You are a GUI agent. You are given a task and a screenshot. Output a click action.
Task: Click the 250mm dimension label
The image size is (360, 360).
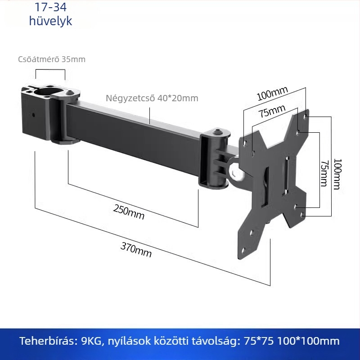(129, 212)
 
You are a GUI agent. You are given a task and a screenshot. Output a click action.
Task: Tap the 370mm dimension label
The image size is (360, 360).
(136, 250)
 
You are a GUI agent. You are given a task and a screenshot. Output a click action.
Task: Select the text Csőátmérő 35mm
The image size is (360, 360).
(52, 59)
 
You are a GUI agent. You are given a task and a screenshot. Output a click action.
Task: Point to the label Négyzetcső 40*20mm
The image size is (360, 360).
(152, 98)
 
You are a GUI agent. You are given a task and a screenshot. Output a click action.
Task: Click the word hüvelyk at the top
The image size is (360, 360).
(50, 21)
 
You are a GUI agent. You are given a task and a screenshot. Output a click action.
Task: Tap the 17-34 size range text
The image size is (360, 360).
(50, 7)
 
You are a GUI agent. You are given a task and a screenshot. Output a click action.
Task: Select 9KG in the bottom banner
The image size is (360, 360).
(91, 341)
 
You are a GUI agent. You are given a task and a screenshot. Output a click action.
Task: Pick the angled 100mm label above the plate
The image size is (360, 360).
(272, 94)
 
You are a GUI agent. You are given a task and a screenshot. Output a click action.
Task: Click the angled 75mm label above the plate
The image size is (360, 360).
(272, 111)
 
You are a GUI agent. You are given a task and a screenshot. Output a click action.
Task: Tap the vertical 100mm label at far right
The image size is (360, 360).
(337, 174)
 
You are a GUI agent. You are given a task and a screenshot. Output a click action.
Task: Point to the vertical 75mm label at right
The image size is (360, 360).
(324, 174)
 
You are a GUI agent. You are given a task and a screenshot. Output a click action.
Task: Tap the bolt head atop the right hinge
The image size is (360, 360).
(217, 132)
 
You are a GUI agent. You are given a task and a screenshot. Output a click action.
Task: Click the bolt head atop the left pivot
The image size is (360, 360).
(70, 93)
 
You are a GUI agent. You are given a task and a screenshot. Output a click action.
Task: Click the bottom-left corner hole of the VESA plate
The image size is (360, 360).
(243, 250)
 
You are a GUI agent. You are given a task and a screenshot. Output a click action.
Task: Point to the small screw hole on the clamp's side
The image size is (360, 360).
(34, 115)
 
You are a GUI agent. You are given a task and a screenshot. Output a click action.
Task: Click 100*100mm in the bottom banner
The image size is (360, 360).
(308, 341)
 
